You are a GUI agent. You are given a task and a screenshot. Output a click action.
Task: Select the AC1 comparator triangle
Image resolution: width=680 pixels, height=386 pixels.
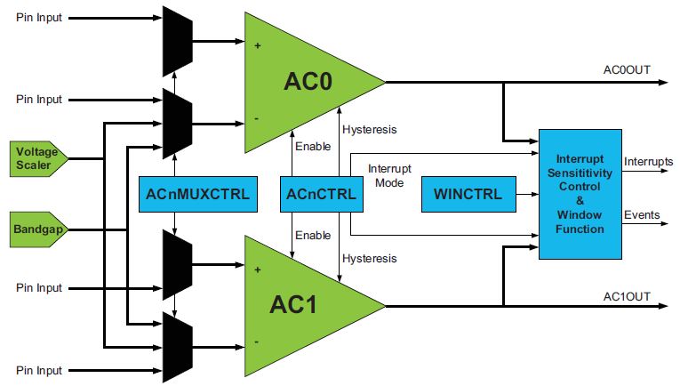(302, 304)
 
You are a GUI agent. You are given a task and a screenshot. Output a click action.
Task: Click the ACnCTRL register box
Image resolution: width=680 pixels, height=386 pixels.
(317, 195)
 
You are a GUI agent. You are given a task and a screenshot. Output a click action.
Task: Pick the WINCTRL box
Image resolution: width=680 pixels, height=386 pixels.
(468, 195)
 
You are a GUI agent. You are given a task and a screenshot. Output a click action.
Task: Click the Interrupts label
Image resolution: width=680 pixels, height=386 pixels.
(648, 161)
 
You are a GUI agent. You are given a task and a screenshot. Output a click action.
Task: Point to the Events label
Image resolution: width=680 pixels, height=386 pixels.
(642, 214)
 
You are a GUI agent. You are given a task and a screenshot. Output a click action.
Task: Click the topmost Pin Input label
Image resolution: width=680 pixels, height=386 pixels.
(39, 18)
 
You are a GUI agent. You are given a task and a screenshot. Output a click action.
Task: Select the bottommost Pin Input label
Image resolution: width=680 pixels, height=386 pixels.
(39, 370)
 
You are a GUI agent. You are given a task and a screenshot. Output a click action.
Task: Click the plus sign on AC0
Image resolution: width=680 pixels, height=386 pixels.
(258, 44)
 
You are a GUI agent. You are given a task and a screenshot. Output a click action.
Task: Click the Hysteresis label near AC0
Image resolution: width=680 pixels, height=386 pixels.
(370, 130)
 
